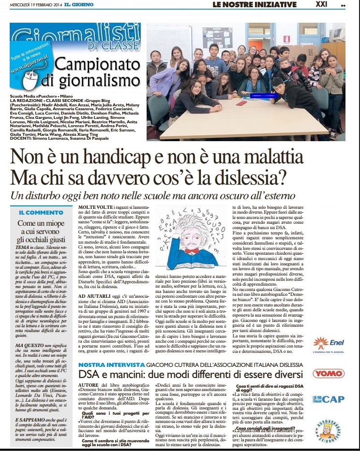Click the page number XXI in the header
335,5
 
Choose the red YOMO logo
335,373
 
